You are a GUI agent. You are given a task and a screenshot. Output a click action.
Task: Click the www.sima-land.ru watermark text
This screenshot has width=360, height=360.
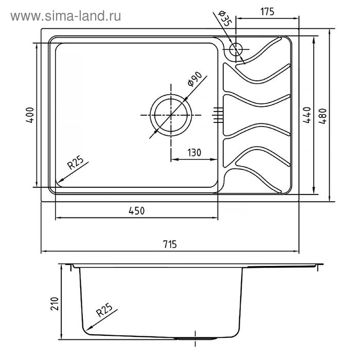[x=66, y=16]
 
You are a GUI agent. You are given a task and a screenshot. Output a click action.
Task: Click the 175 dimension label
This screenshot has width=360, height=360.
[x=267, y=11]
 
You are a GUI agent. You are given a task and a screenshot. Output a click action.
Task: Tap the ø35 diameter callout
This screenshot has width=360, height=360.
[x=225, y=19]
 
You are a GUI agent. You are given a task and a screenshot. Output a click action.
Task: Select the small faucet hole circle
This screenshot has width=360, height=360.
[x=236, y=49]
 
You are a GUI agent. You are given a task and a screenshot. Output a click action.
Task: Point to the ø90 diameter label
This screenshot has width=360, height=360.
[x=194, y=79]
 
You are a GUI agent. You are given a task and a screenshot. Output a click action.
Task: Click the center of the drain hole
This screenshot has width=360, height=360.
[x=171, y=115]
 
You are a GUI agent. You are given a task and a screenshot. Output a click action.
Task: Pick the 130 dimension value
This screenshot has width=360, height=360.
[x=194, y=153]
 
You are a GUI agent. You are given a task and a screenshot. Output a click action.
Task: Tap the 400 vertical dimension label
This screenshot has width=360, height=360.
[x=30, y=115]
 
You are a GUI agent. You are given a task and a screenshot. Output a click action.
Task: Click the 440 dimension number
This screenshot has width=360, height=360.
[x=307, y=115]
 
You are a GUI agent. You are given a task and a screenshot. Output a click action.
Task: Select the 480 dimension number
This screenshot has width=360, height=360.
[x=322, y=116]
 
